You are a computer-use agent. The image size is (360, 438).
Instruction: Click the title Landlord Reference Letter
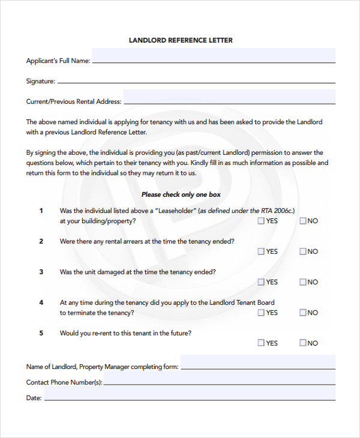tap(181, 40)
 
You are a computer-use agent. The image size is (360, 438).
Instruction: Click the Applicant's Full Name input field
tap(214, 56)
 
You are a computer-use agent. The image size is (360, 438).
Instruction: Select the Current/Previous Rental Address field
tap(229, 97)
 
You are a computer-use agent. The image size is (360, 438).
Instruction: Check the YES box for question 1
tap(261, 221)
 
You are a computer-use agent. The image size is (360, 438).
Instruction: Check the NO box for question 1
tap(303, 221)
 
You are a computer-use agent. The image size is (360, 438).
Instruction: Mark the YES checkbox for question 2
tap(261, 251)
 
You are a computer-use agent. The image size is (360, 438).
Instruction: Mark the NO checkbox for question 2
tap(303, 251)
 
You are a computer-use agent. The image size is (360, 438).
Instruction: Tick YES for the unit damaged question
tap(261, 282)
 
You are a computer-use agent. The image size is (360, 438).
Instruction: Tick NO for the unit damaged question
tap(303, 282)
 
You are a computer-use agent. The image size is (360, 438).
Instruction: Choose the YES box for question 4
tap(261, 313)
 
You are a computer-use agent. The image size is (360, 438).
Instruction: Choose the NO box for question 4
tap(303, 313)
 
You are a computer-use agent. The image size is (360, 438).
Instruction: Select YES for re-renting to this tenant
tap(261, 343)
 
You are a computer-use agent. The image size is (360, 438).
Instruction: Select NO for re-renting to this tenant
tap(303, 343)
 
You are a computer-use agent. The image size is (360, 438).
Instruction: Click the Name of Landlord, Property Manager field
tap(258, 362)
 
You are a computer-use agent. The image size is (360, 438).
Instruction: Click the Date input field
tap(190, 394)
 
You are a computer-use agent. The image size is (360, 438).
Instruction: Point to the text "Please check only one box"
tap(181, 194)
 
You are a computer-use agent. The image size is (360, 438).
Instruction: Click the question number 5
tap(41, 333)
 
